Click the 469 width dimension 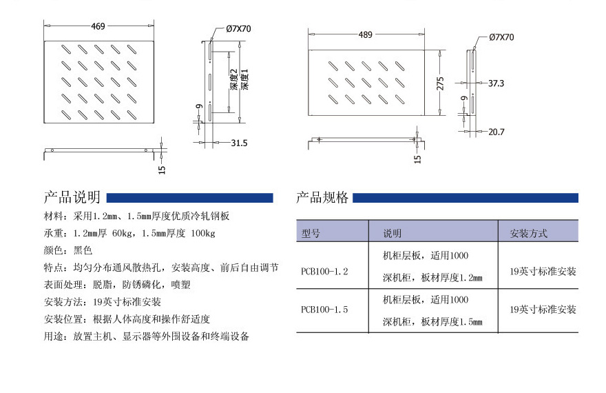(x=98, y=26)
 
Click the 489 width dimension (x=365, y=34)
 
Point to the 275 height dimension (x=440, y=83)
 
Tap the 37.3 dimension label (x=497, y=83)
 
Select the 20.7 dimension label (x=497, y=132)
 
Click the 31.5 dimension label (x=239, y=143)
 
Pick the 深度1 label (x=244, y=79)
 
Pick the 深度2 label (x=233, y=79)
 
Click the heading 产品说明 (x=72, y=197)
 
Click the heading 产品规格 (x=322, y=197)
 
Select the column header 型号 (x=311, y=233)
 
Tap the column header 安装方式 (x=528, y=233)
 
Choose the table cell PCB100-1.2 (x=324, y=271)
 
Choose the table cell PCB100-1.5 (x=324, y=310)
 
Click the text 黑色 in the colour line (x=83, y=250)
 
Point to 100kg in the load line (x=203, y=233)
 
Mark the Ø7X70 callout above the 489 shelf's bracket (x=501, y=37)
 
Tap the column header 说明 (x=393, y=233)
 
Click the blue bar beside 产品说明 (x=190, y=198)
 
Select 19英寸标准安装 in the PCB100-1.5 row (x=543, y=310)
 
